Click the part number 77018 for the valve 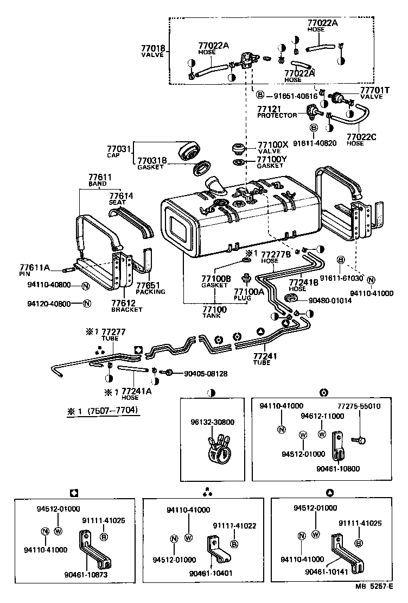click(154, 48)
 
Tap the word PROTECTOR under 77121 click(277, 115)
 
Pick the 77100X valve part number click(273, 145)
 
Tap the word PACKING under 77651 click(150, 292)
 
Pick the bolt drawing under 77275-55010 click(357, 438)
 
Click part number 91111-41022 click(234, 525)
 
